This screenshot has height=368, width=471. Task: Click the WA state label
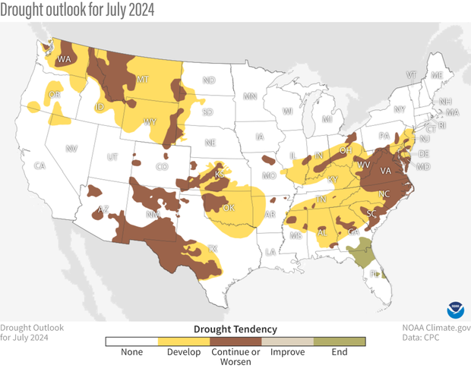point(64,59)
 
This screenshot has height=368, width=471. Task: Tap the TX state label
point(212,249)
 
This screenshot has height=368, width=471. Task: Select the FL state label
point(374,274)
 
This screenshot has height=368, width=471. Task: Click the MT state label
point(141,79)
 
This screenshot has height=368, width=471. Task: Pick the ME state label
point(436,76)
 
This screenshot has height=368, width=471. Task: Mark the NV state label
point(73,149)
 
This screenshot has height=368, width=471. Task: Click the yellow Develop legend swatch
point(183,341)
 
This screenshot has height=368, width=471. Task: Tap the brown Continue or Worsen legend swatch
point(235,341)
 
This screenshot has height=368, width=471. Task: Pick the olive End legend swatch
point(340,341)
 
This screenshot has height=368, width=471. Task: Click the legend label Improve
point(288,353)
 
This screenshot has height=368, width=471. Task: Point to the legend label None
point(131,353)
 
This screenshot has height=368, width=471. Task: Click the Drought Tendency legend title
point(235,329)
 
